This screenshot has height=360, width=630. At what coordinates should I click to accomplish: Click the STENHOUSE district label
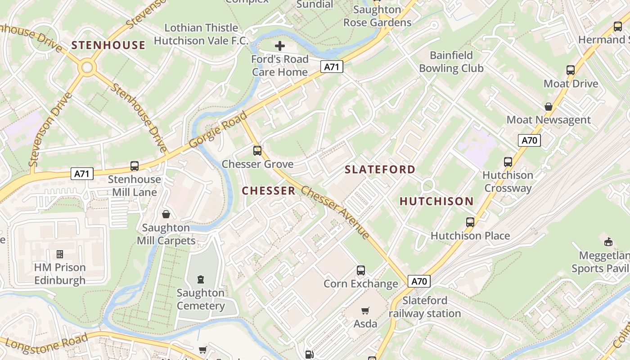(x=108, y=45)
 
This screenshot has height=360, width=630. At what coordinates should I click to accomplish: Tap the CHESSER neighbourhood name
(x=269, y=191)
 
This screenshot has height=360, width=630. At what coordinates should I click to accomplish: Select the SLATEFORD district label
(x=380, y=170)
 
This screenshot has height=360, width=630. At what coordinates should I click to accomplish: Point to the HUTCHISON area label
(x=436, y=201)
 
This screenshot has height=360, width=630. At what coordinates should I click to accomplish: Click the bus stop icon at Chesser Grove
(x=257, y=151)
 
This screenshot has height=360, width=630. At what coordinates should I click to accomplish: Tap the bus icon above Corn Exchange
(x=361, y=270)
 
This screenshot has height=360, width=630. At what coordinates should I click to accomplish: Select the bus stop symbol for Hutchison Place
(x=470, y=222)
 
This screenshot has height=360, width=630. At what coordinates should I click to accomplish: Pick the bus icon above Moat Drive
(x=571, y=70)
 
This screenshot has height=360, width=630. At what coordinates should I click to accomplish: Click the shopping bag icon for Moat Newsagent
(x=549, y=107)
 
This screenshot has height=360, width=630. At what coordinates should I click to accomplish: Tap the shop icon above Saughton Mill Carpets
(x=166, y=214)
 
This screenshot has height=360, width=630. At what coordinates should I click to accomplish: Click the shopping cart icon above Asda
(x=365, y=310)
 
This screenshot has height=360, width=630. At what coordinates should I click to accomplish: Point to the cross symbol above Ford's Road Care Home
(x=280, y=45)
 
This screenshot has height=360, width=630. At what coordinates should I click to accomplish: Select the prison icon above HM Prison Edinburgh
(x=59, y=254)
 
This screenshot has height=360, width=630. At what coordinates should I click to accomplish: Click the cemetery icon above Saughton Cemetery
(x=201, y=279)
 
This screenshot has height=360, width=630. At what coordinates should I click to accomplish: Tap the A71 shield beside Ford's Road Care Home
(x=332, y=67)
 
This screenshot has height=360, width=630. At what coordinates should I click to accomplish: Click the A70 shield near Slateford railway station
(x=419, y=282)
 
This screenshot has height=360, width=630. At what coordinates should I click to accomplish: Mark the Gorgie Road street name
(x=218, y=130)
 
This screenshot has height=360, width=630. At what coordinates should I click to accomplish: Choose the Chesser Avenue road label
(x=335, y=212)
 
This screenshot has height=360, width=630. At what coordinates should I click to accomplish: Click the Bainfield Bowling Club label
(x=451, y=62)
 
